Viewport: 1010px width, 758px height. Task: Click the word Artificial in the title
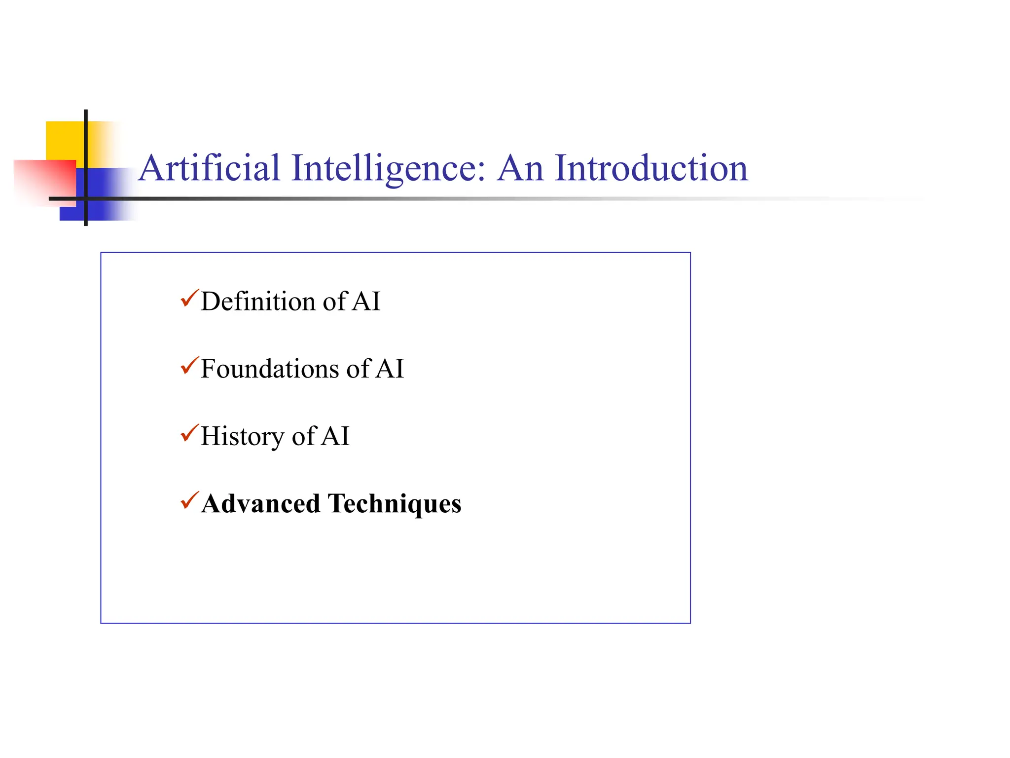click(209, 168)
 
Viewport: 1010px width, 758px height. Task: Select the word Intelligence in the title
click(384, 168)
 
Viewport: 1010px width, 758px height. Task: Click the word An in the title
click(520, 168)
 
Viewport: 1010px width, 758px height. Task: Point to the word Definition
click(258, 302)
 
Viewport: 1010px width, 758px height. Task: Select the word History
click(242, 437)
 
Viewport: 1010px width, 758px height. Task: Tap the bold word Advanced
click(260, 504)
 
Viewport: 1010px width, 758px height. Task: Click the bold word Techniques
click(395, 504)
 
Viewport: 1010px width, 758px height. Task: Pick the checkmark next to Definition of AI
click(189, 299)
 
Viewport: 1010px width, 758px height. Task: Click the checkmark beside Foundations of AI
click(189, 366)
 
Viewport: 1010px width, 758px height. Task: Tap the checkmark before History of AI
click(189, 433)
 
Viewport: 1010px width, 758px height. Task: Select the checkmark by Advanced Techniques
click(189, 500)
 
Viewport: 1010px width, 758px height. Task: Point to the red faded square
click(44, 180)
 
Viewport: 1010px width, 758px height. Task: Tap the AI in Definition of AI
click(366, 302)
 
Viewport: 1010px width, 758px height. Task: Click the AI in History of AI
click(335, 437)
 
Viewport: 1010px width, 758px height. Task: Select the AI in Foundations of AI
click(390, 369)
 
